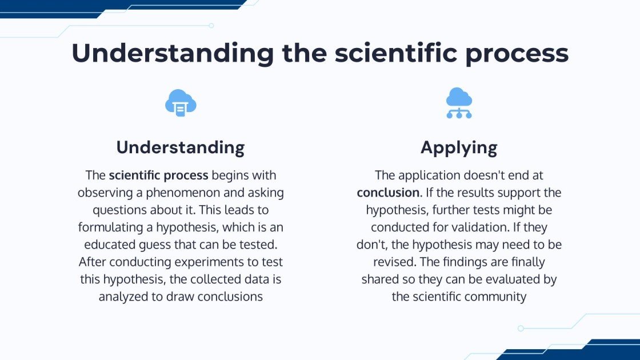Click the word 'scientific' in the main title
tap(395, 53)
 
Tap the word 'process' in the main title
tap(517, 55)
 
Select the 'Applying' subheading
tap(459, 148)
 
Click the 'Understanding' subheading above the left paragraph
tap(181, 147)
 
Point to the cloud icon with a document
tap(181, 103)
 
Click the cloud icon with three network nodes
tap(459, 103)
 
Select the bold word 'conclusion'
tap(388, 192)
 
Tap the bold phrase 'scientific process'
tap(158, 175)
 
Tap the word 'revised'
tap(393, 262)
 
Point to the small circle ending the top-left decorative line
tap(211, 25)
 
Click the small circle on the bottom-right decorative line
tap(521, 328)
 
